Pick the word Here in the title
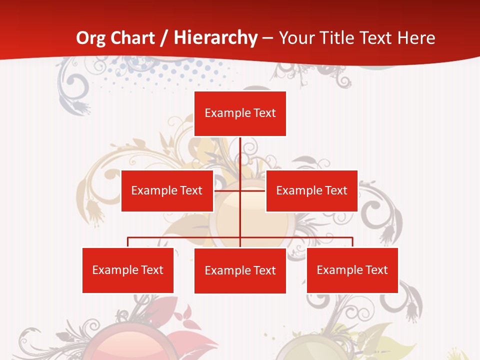[416, 38]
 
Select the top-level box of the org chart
[240, 113]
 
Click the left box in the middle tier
[167, 190]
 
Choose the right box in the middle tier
[311, 190]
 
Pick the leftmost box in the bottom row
[127, 270]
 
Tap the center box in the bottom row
[240, 270]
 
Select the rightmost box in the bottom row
[352, 270]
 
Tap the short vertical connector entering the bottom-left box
[127, 242]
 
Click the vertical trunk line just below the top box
[240, 150]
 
